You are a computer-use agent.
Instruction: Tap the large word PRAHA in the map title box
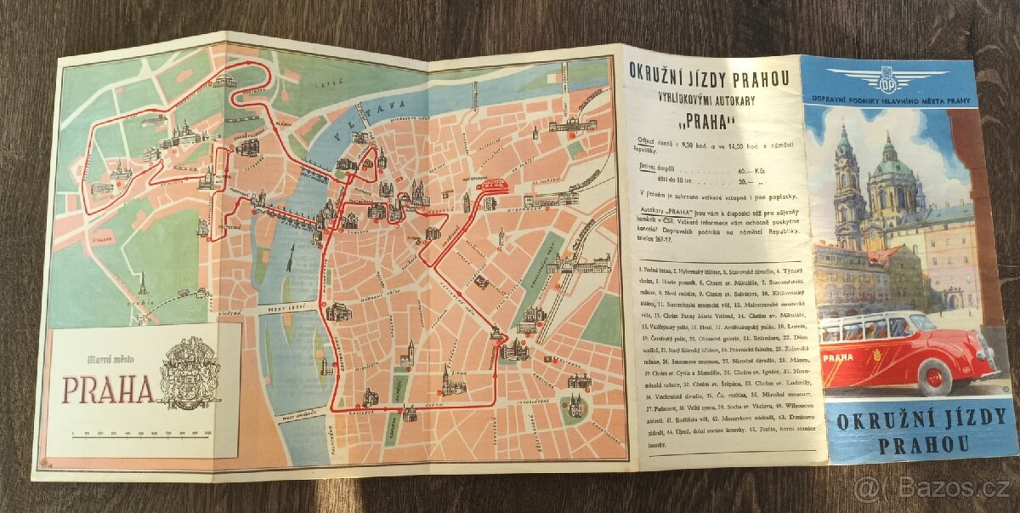click(x=107, y=388)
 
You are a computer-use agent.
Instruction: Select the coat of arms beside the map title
click(x=190, y=372)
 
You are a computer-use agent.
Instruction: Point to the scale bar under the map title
click(x=141, y=435)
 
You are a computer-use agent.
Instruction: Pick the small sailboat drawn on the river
click(x=292, y=253)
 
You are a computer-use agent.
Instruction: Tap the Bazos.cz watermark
click(x=932, y=488)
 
